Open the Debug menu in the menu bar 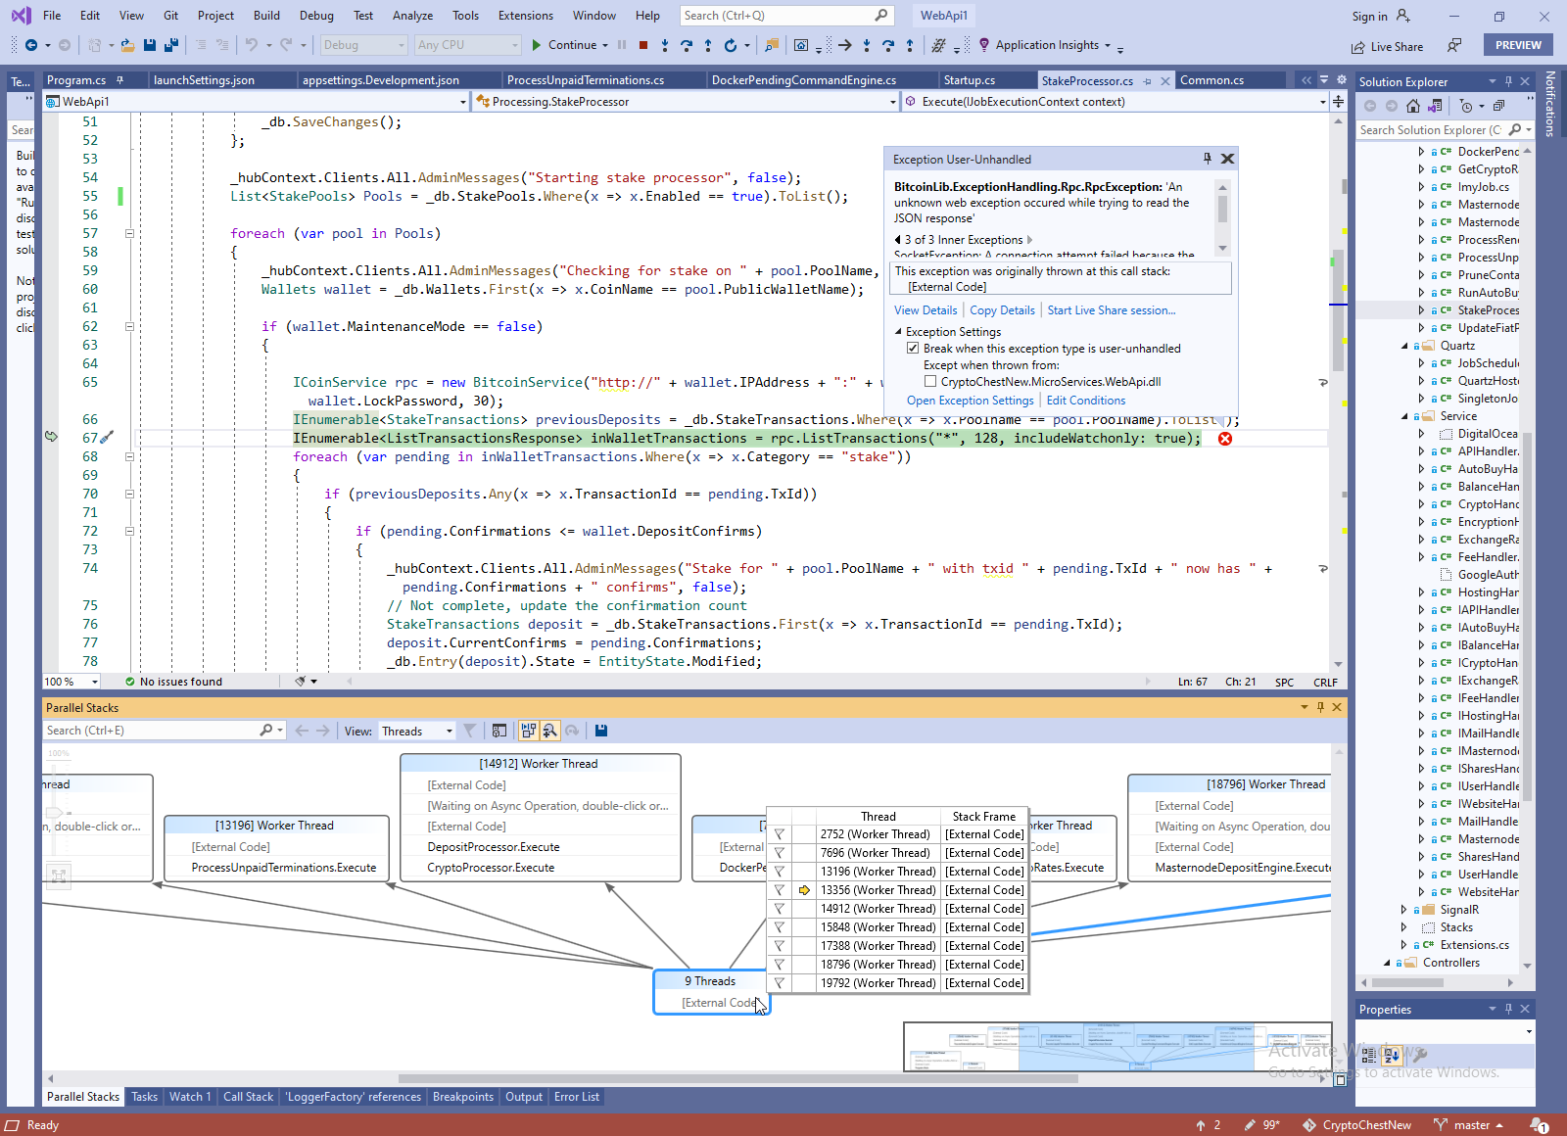point(316,16)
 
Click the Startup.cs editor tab point(969,80)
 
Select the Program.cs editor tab point(76,80)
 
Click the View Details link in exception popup point(926,310)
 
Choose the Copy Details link point(1002,310)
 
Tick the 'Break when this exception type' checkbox point(913,349)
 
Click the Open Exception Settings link point(970,401)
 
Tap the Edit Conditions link point(1086,401)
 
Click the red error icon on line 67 point(1224,439)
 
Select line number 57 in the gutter point(90,233)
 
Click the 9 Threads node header point(710,981)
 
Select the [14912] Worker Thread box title point(539,764)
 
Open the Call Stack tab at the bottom point(248,1097)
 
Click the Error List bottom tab point(576,1097)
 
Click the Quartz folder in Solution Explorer point(1457,346)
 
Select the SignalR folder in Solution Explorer point(1459,910)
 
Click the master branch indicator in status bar point(1471,1125)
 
